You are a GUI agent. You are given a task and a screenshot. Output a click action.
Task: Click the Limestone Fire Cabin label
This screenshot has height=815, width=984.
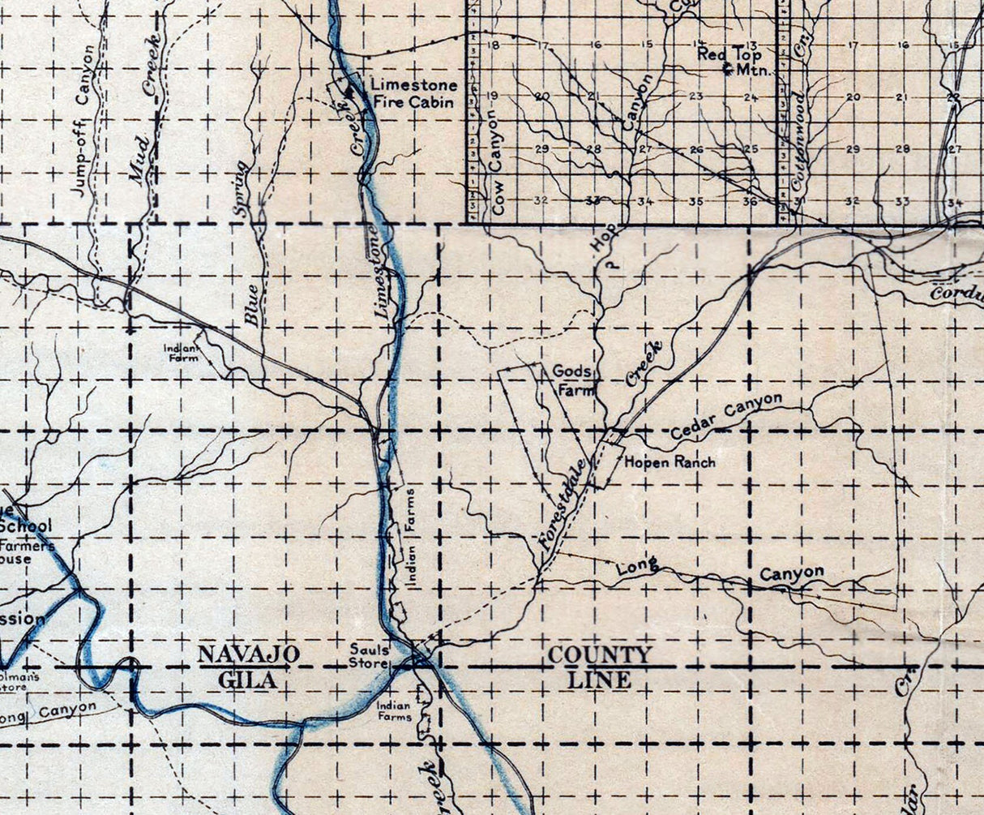(x=413, y=93)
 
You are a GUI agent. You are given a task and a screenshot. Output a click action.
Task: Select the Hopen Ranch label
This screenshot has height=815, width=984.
(x=670, y=462)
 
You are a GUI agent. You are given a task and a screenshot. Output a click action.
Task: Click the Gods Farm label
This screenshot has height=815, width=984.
(x=573, y=380)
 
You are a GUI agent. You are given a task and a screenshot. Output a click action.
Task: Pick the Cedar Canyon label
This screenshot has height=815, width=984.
(x=727, y=416)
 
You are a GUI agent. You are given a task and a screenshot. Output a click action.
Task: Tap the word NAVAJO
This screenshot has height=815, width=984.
(x=250, y=654)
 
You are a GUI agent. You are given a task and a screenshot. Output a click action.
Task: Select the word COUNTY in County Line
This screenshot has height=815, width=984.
(x=599, y=655)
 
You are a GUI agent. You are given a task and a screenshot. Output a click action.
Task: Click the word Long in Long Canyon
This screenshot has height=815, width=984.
(x=636, y=567)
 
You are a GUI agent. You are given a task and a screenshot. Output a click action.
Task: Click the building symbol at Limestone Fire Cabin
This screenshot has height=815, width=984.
(x=351, y=94)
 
